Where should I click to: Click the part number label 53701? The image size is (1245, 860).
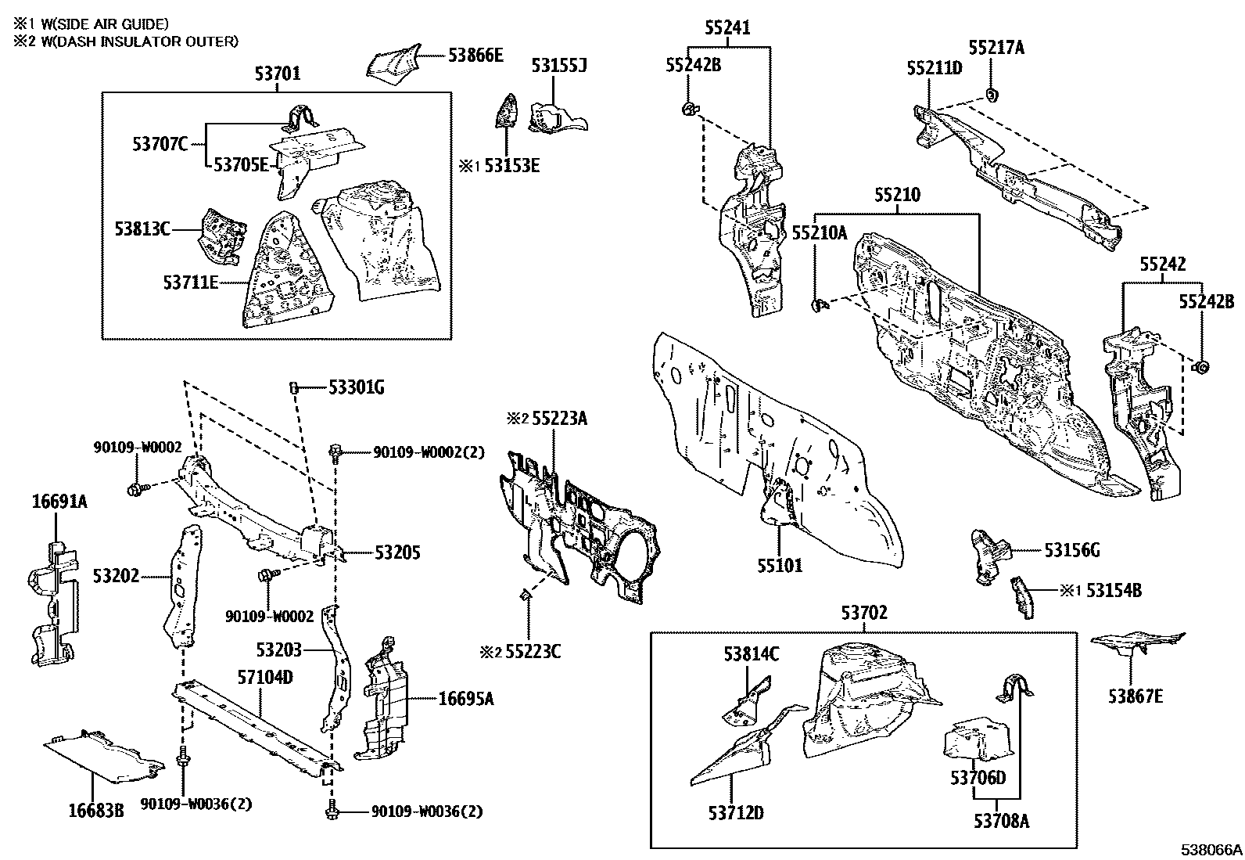point(277,75)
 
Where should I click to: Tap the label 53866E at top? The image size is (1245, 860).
point(475,55)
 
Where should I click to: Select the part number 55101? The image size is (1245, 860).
point(779,565)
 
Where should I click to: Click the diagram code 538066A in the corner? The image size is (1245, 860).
point(1211,850)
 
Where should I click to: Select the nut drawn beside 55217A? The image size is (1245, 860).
point(991,95)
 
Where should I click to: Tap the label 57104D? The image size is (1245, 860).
point(265,677)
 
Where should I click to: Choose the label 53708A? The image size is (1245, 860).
point(1001,821)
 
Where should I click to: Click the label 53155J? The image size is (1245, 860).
point(558,66)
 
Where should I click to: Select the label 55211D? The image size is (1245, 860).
point(934,67)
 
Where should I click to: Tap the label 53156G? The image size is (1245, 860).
point(1071,551)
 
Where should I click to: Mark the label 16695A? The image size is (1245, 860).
point(466,698)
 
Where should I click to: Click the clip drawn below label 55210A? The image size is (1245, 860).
point(819,304)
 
